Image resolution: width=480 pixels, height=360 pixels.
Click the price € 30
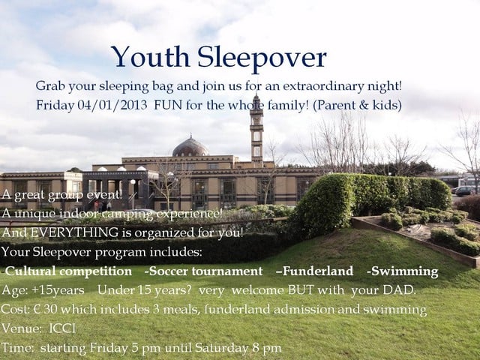coord(40,310)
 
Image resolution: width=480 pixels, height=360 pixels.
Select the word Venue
coord(20,328)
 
